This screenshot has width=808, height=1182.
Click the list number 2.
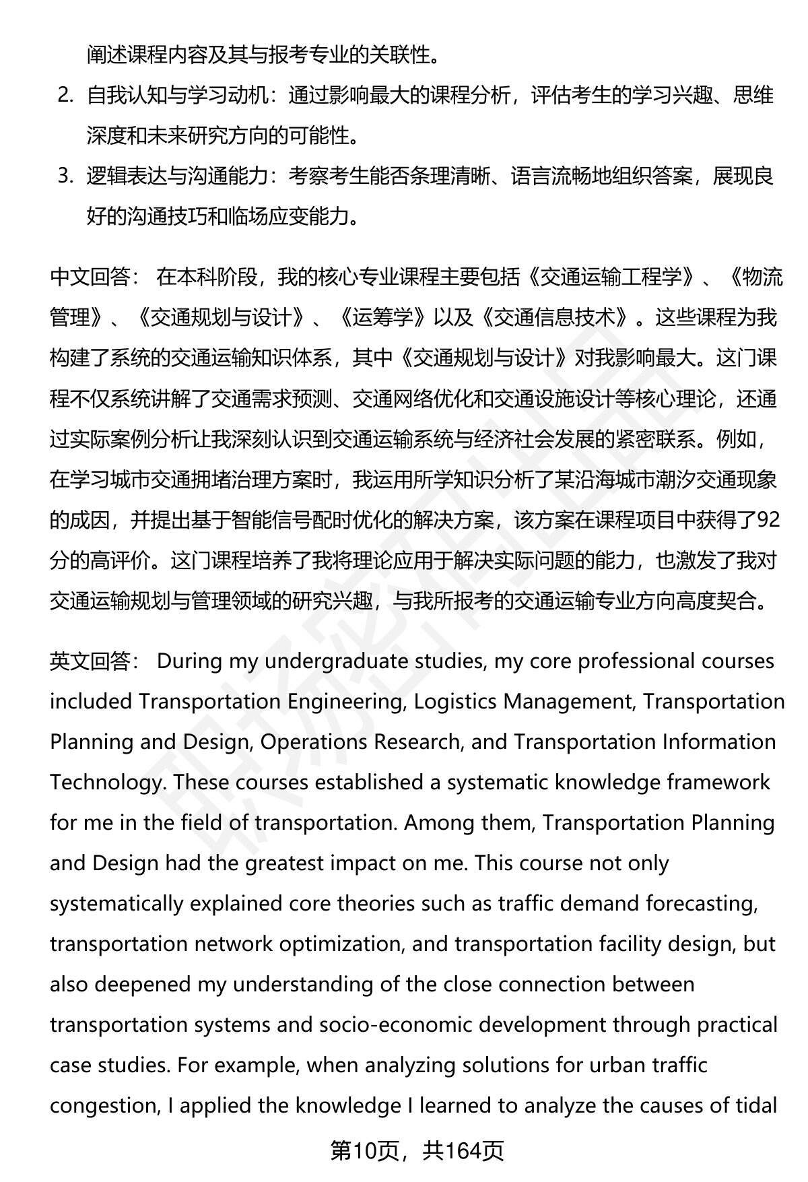pyautogui.click(x=65, y=96)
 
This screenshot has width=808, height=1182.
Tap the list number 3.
pyautogui.click(x=65, y=177)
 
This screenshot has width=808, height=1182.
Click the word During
pyautogui.click(x=189, y=661)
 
